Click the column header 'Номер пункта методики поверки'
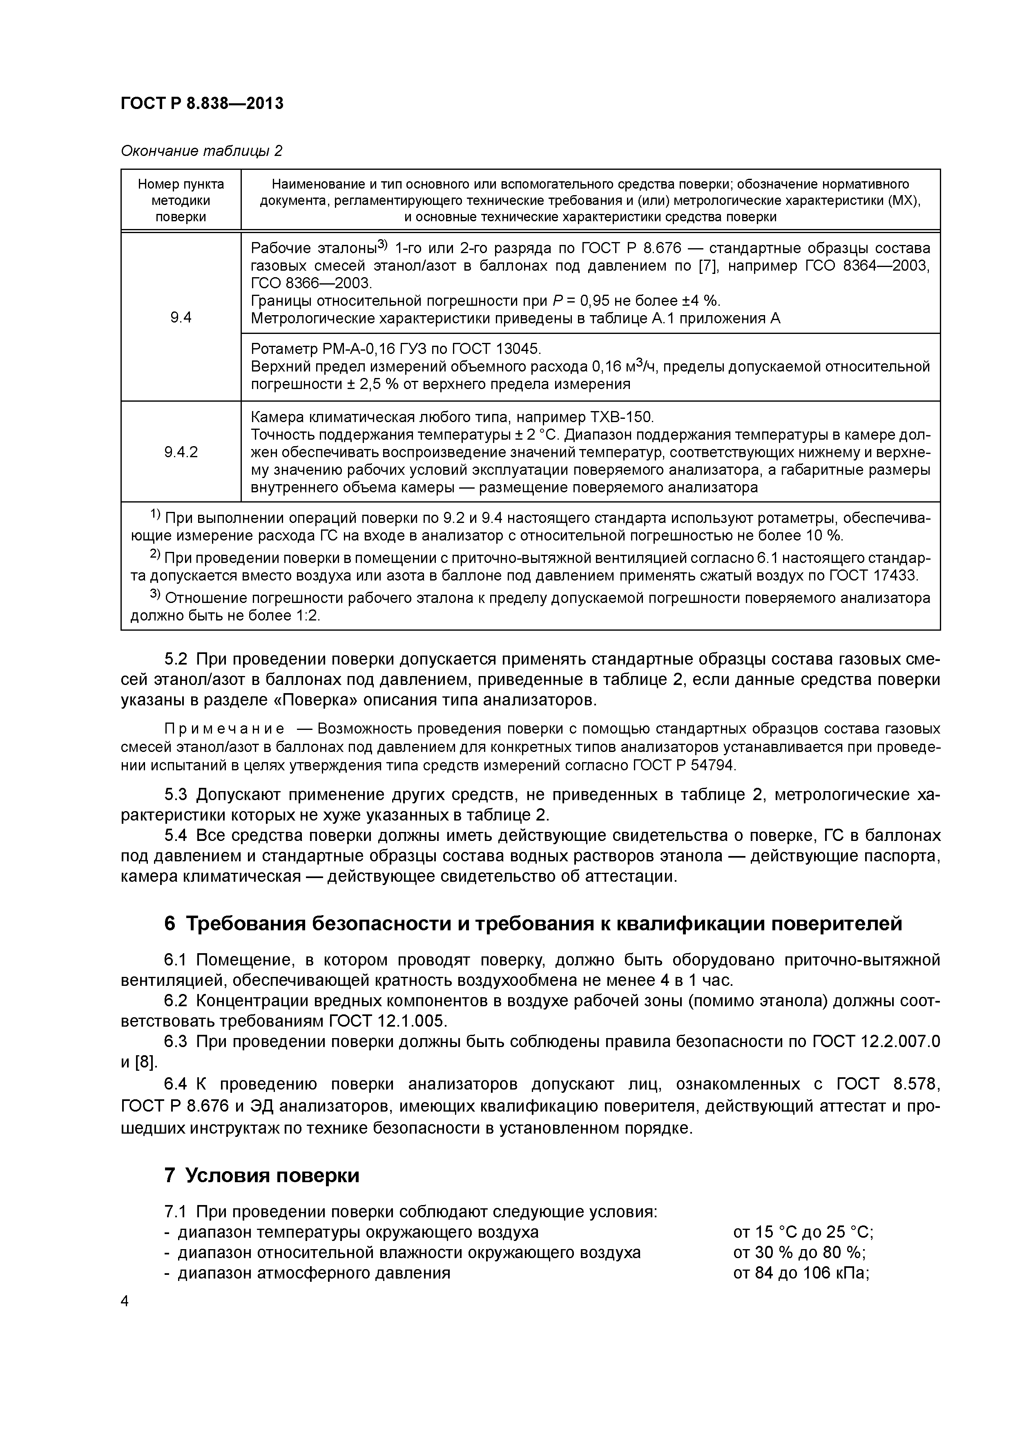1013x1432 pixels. pyautogui.click(x=181, y=200)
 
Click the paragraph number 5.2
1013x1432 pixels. pyautogui.click(x=176, y=659)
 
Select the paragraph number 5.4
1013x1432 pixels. pyautogui.click(x=176, y=835)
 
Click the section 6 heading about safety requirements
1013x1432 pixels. pyautogui.click(x=533, y=923)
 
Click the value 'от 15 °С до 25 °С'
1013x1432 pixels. pyautogui.click(x=802, y=1232)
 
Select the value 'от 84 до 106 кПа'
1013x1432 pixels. pyautogui.click(x=801, y=1273)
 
